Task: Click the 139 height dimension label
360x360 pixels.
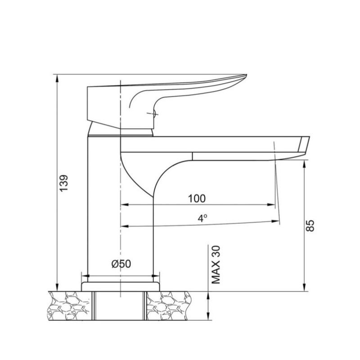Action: (x=64, y=184)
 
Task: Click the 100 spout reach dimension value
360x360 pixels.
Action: (x=197, y=198)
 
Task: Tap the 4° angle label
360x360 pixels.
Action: (x=202, y=218)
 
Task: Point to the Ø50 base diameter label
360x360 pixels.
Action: (x=121, y=264)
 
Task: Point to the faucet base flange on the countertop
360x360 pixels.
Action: (x=121, y=286)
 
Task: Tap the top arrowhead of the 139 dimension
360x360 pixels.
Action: (x=57, y=77)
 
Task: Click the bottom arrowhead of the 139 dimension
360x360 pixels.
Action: (x=57, y=288)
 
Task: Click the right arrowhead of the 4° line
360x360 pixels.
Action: (x=275, y=220)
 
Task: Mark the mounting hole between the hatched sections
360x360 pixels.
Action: (x=121, y=306)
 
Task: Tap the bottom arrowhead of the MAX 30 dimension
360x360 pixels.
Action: (x=209, y=317)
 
